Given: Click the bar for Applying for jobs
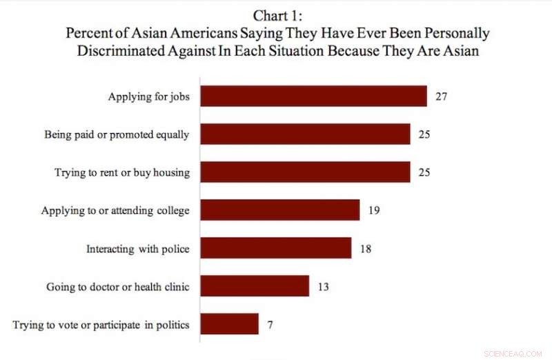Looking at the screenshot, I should pyautogui.click(x=313, y=97).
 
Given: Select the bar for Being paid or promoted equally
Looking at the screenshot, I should pyautogui.click(x=305, y=134).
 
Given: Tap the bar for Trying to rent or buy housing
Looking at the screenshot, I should pyautogui.click(x=305, y=172).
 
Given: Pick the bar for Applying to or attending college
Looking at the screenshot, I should pyautogui.click(x=279, y=210).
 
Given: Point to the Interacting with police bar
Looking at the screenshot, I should pyautogui.click(x=275, y=248).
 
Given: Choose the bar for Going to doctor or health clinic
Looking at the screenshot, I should pyautogui.click(x=254, y=286).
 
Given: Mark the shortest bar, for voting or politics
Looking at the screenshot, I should pyautogui.click(x=229, y=324).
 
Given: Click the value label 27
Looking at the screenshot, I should pyautogui.click(x=442, y=97).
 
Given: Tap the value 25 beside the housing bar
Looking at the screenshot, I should pyautogui.click(x=424, y=172).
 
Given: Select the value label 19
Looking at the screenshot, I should pyautogui.click(x=373, y=210).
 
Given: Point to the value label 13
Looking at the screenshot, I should pyautogui.click(x=323, y=286).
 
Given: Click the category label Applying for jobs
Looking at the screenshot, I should pyautogui.click(x=148, y=97).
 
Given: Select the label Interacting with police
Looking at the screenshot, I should pyautogui.click(x=137, y=248).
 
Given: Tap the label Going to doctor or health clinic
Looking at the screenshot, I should pyautogui.click(x=117, y=286).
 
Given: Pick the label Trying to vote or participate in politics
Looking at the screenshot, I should pyautogui.click(x=101, y=324).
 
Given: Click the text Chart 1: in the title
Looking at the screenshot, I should pyautogui.click(x=277, y=16).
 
